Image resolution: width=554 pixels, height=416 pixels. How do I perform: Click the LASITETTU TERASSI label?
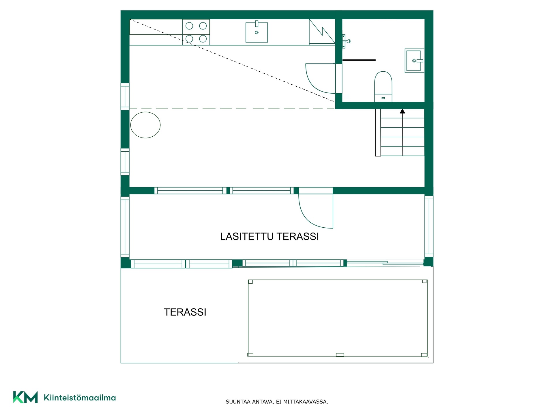[x=269, y=236]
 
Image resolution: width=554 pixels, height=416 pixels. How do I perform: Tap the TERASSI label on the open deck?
[x=185, y=312]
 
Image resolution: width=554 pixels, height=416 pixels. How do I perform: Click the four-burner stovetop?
[x=196, y=32]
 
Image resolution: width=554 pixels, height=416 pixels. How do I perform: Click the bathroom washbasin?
[x=414, y=61]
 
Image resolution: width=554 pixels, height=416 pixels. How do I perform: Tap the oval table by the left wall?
[x=145, y=125]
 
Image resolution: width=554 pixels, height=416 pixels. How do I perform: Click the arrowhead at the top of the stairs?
[x=403, y=111]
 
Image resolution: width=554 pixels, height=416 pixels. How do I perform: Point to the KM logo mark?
[x=25, y=397]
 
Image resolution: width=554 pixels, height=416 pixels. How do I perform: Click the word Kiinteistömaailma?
[x=80, y=398]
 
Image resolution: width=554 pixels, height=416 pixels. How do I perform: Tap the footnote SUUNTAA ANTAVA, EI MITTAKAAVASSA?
[x=277, y=402]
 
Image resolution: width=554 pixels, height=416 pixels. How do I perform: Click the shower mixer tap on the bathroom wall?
[x=346, y=41]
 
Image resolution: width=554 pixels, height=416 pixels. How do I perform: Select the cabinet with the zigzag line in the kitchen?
[x=322, y=32]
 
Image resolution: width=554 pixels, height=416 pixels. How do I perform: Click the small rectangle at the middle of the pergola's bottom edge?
[x=340, y=355]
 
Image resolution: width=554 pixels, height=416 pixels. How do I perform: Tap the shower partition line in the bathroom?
[x=359, y=60]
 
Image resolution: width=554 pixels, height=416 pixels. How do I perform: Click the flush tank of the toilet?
[x=383, y=98]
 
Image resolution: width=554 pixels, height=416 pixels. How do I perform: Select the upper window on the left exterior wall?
[x=125, y=96]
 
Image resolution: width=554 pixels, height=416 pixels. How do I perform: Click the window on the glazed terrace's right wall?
[x=429, y=226]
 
